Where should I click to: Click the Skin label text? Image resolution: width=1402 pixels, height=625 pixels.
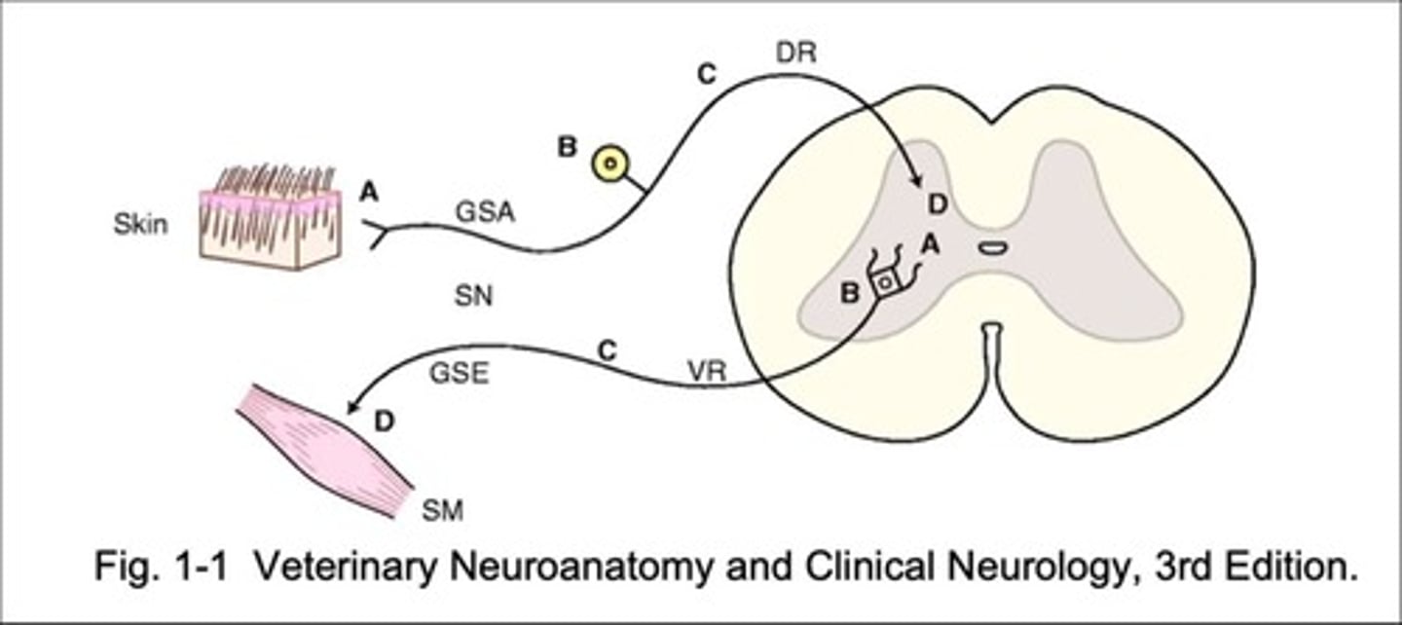point(140,225)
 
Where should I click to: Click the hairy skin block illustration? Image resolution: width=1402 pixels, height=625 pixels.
point(271,218)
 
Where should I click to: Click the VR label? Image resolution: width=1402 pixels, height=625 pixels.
point(708,371)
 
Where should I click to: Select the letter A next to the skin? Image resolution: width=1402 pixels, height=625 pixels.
point(368,193)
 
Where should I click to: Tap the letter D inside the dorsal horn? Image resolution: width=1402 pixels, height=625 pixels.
point(936,203)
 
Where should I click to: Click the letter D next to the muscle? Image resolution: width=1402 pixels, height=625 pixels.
point(385,421)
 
